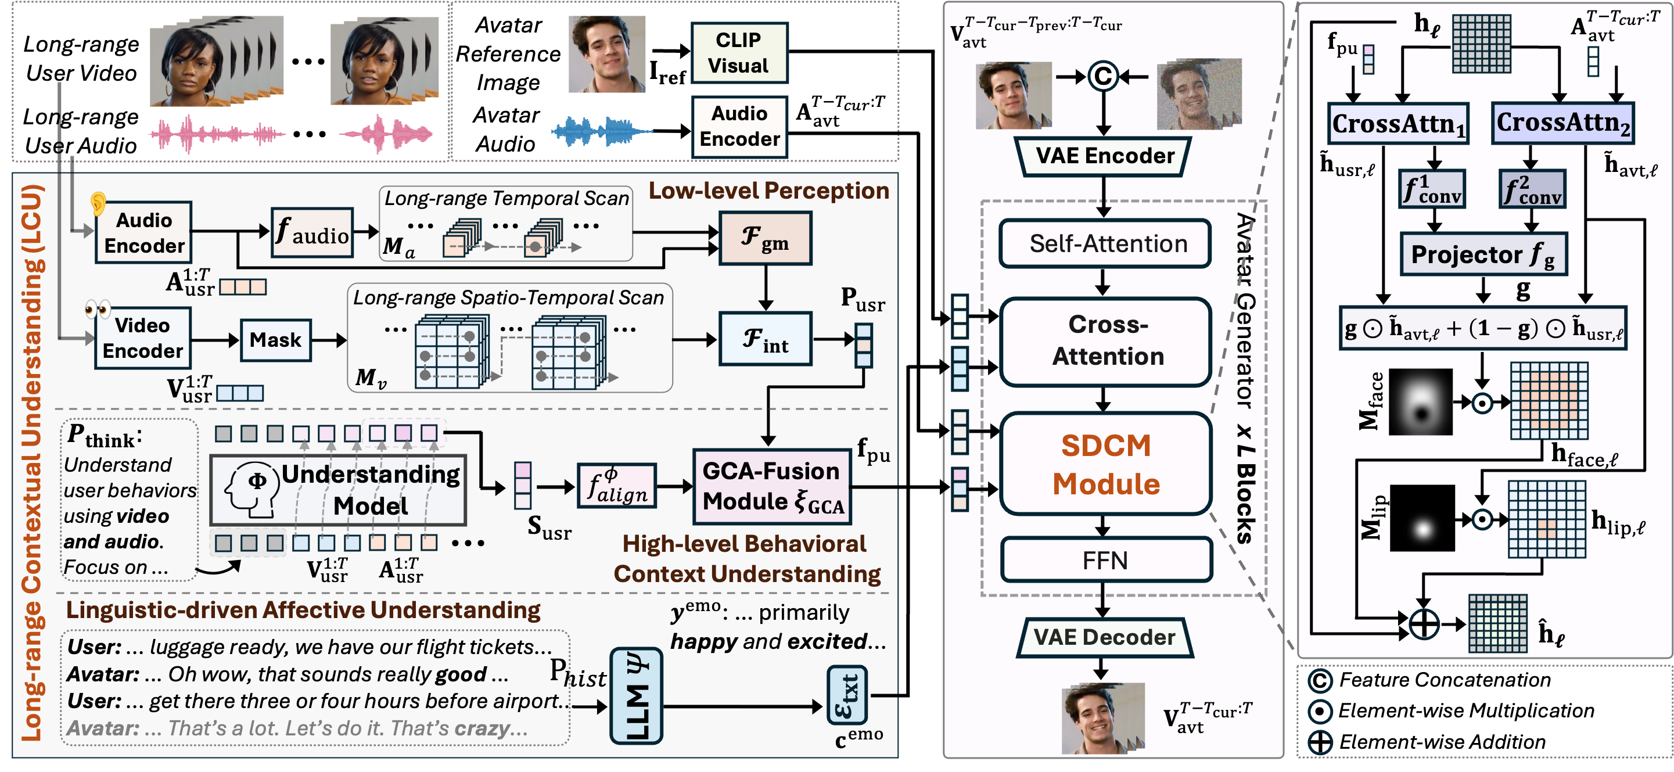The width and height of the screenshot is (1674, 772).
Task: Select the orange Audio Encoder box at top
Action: coord(739,127)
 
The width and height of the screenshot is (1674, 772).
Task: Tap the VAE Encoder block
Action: coord(1104,156)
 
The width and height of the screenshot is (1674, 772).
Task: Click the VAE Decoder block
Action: coord(1104,637)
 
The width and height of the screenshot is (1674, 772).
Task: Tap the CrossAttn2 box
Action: coord(1562,122)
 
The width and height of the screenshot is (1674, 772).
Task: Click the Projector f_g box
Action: coord(1482,254)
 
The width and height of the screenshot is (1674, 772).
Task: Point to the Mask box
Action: coord(275,340)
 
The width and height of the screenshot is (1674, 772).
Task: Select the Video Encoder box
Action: coord(142,339)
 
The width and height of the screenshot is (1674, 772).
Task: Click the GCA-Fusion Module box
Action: coord(772,487)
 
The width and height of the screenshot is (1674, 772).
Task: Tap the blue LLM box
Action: coord(635,696)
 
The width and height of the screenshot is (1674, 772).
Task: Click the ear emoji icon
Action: coord(98,203)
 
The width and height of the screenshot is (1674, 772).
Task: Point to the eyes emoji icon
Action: coord(98,308)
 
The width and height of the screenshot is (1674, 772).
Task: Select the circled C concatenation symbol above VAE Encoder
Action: coord(1103,77)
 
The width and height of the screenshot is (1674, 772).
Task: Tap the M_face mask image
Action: coord(1421,401)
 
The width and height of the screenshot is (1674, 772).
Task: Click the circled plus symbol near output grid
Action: coord(1424,624)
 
